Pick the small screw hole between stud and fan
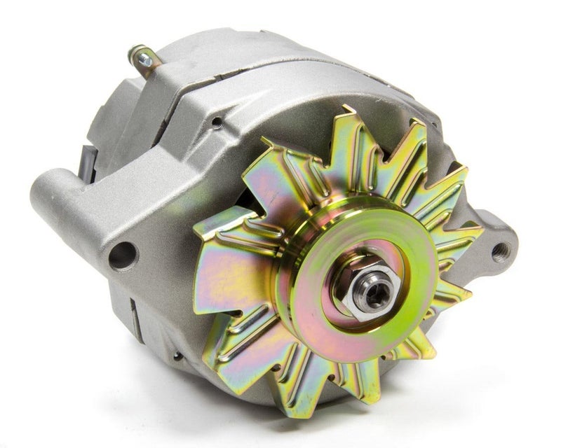[x=217, y=122]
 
